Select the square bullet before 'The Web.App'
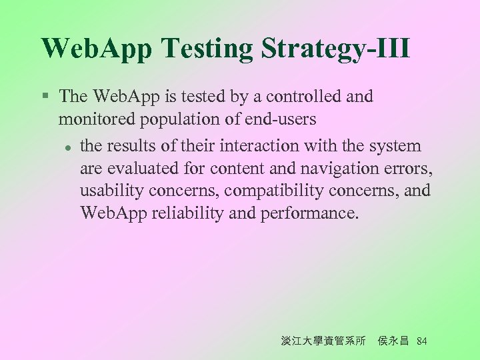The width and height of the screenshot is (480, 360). click(x=44, y=96)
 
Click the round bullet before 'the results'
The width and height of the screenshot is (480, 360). click(x=67, y=147)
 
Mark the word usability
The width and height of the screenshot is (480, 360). click(x=112, y=191)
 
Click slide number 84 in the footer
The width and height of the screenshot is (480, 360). click(x=421, y=341)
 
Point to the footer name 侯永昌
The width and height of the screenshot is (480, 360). click(x=393, y=341)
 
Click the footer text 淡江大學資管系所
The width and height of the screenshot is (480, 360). click(x=323, y=341)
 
